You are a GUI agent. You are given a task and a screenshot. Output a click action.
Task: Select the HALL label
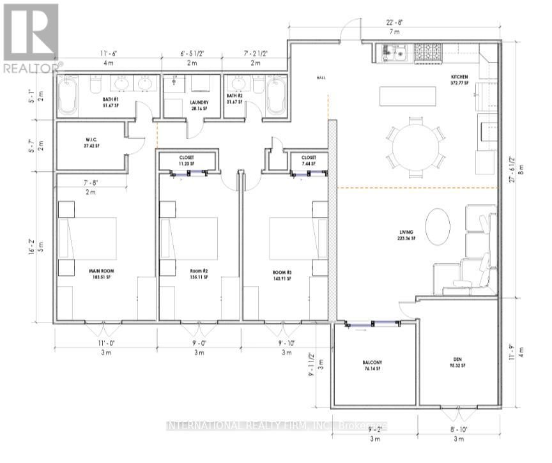[321, 78]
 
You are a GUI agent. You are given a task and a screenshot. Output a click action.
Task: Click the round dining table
[415, 146]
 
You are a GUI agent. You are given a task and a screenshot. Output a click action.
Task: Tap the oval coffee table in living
[437, 226]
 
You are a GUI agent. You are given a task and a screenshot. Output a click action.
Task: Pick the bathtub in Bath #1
[66, 96]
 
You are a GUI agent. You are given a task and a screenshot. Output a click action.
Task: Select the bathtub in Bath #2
[275, 96]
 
